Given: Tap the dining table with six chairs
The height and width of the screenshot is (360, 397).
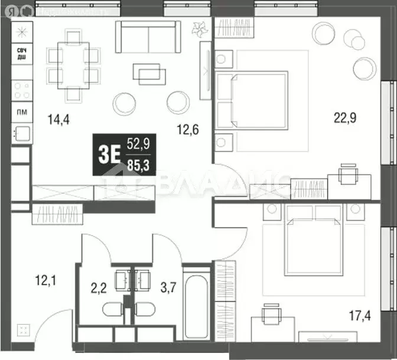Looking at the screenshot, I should (x=74, y=64).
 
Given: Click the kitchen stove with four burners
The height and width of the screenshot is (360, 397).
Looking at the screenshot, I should (x=21, y=90).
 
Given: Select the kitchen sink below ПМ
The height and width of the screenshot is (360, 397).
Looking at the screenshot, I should (x=21, y=133).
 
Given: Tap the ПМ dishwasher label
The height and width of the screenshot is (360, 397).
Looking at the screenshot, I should (x=21, y=111).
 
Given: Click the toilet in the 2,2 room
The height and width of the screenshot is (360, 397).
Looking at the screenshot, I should (x=112, y=310).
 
